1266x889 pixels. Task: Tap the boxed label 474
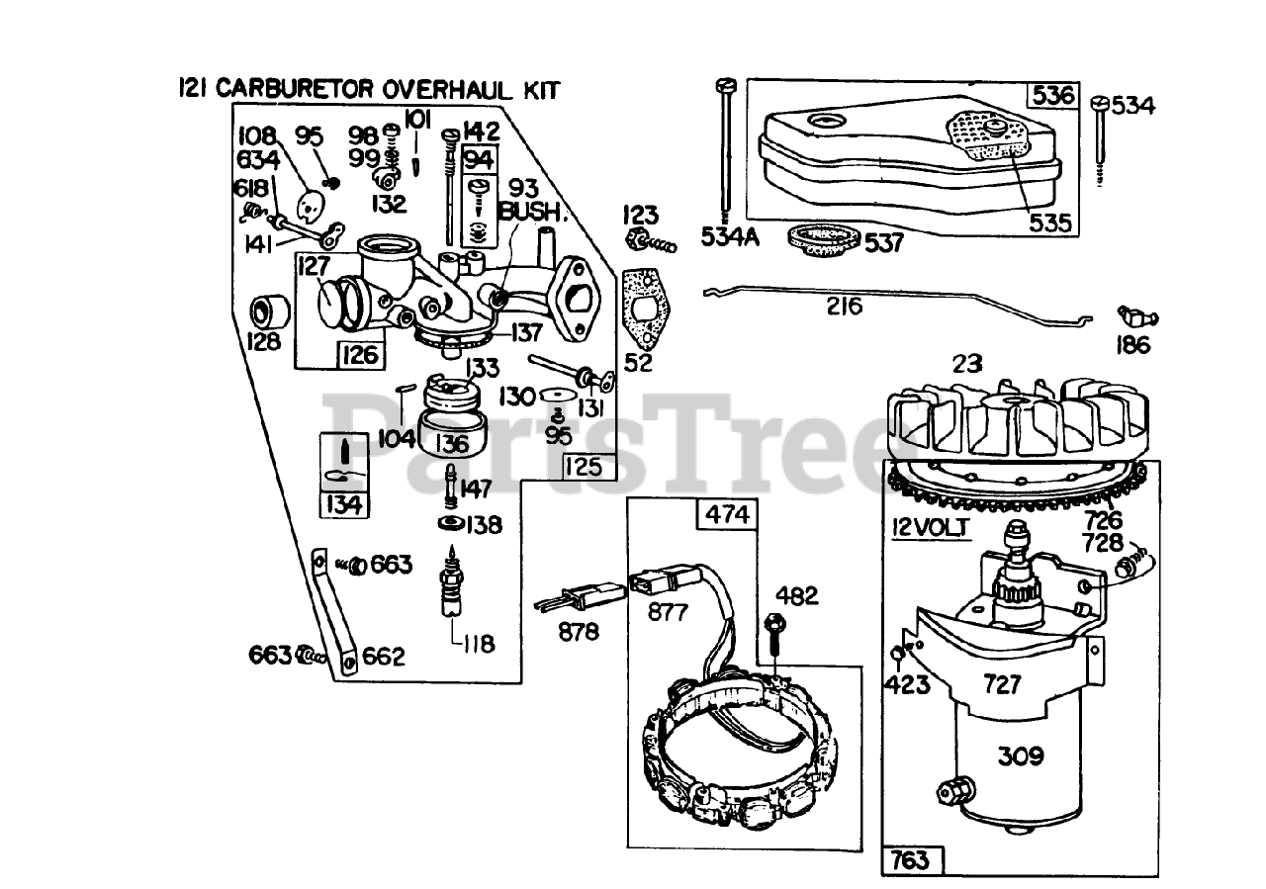pos(726,515)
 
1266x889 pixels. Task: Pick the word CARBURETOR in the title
pos(297,90)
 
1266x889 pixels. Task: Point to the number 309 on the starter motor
pos(1020,756)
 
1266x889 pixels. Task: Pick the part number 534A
pos(730,237)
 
